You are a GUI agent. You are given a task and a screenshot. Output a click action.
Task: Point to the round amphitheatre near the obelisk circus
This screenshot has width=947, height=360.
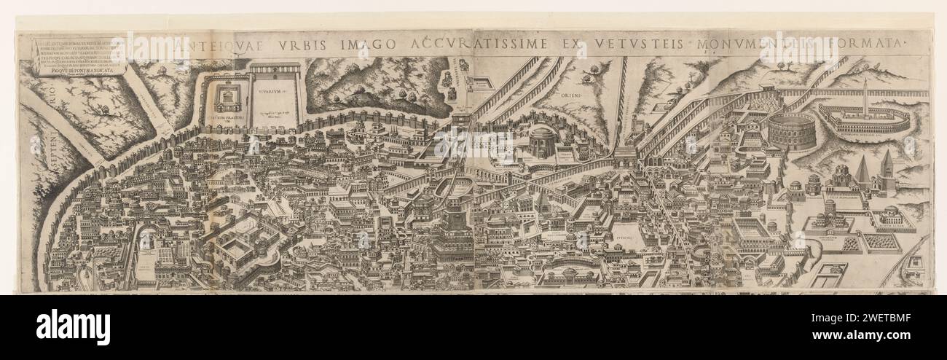point(790,130)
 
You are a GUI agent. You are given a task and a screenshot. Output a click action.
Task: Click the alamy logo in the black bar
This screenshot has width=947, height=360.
point(73,327)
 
